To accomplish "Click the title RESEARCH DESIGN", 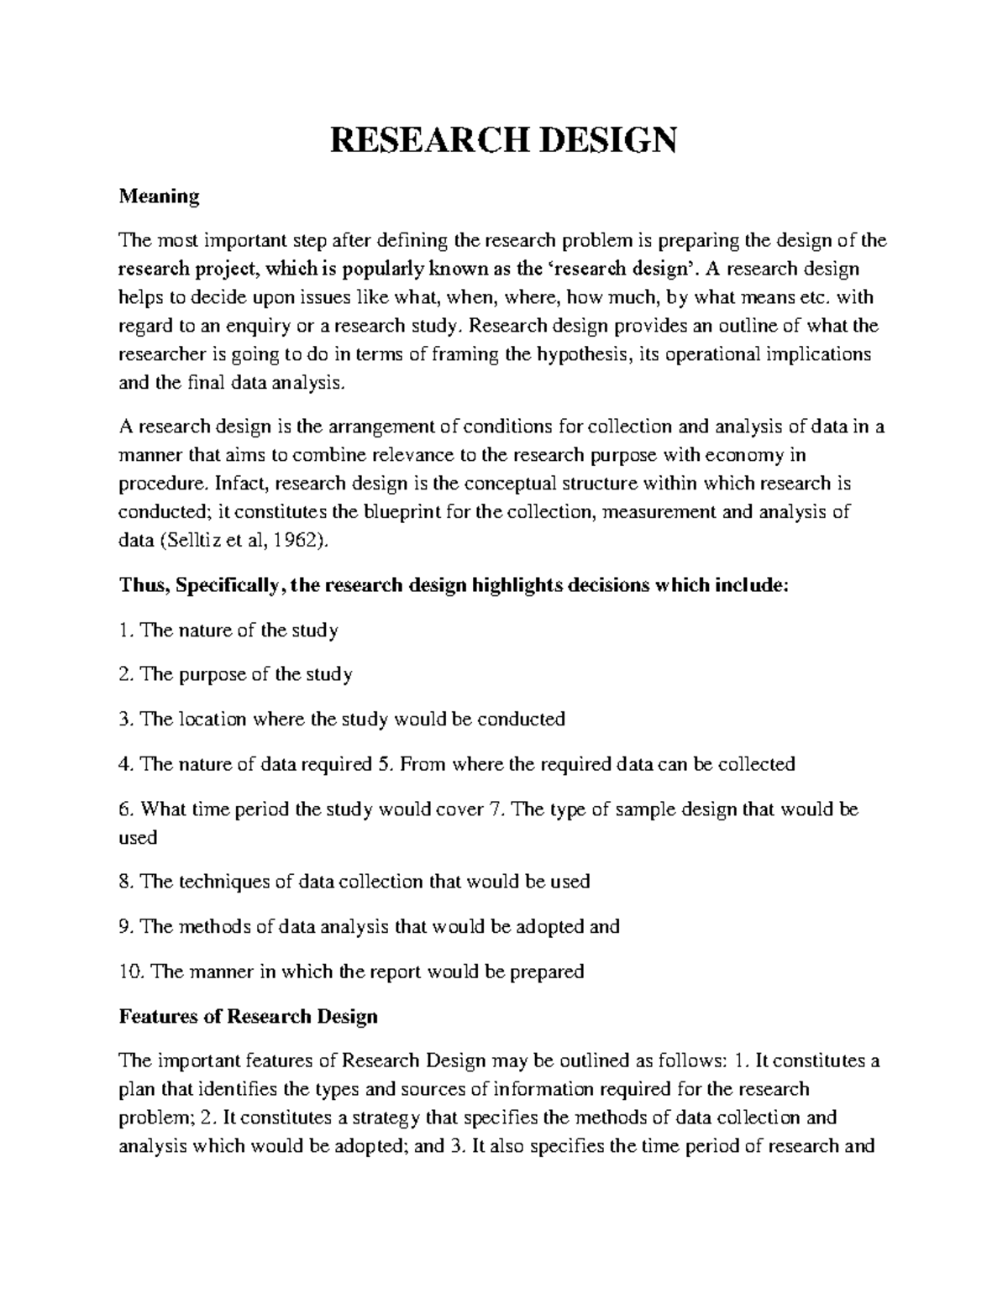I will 502,140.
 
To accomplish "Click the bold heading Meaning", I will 159,196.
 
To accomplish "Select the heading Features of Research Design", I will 249,1017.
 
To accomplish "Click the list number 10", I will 130,972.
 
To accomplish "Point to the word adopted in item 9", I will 549,927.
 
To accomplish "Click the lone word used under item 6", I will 138,838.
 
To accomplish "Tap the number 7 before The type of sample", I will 494,810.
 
